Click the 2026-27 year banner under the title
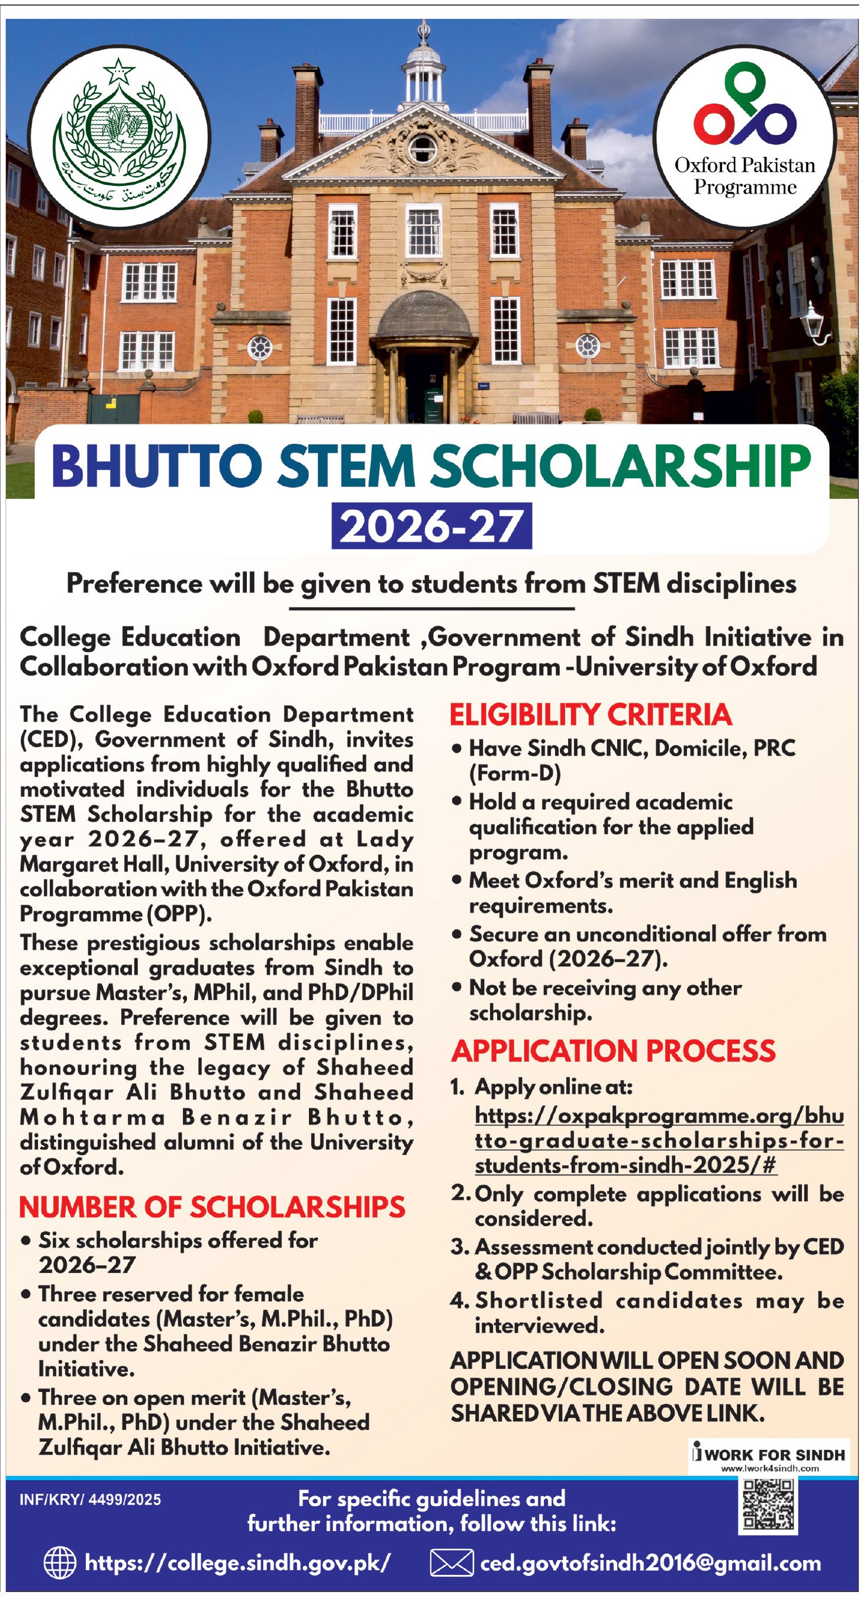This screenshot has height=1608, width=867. tap(431, 526)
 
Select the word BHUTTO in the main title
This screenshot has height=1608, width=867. tap(157, 467)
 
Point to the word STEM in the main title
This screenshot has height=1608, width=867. tap(346, 467)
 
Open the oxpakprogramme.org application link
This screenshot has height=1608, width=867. tap(659, 1140)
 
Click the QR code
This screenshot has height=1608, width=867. tap(768, 1505)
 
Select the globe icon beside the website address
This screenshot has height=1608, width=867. tap(60, 1563)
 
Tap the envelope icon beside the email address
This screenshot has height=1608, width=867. tap(452, 1563)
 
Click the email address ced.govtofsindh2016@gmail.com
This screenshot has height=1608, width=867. tap(650, 1563)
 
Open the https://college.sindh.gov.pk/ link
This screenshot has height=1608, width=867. tap(237, 1563)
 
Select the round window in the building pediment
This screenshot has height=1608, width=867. tap(423, 148)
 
